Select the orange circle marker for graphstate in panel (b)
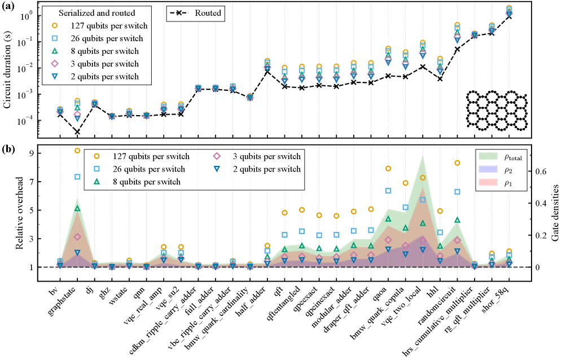tap(77, 150)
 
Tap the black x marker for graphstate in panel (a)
tap(77, 131)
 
